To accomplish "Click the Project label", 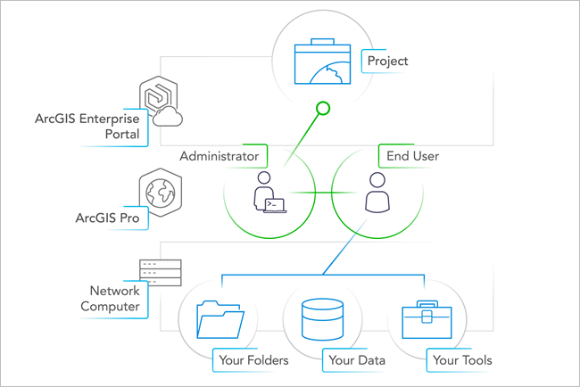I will click(x=385, y=62).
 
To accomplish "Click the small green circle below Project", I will click(x=323, y=110).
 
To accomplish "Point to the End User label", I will click(x=411, y=156).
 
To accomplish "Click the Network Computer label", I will click(x=114, y=299).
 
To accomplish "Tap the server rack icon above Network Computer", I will click(x=160, y=272).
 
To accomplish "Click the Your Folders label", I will click(x=251, y=360).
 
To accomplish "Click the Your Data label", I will click(x=356, y=360).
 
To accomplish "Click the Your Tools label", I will click(x=461, y=360).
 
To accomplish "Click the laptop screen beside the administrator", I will click(x=277, y=204).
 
